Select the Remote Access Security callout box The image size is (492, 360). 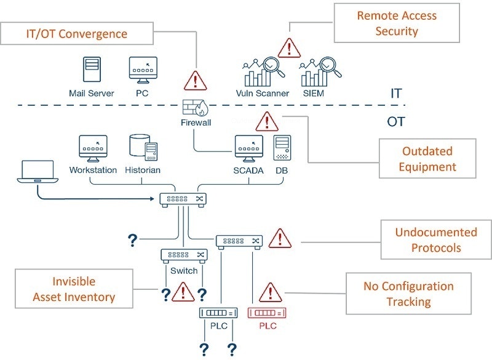(x=397, y=23)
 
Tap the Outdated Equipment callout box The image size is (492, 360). (x=427, y=159)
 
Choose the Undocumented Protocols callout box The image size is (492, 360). (x=435, y=240)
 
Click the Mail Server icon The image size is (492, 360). (x=92, y=71)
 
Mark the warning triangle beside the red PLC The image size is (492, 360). (x=269, y=292)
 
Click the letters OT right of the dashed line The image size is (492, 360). (x=396, y=121)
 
